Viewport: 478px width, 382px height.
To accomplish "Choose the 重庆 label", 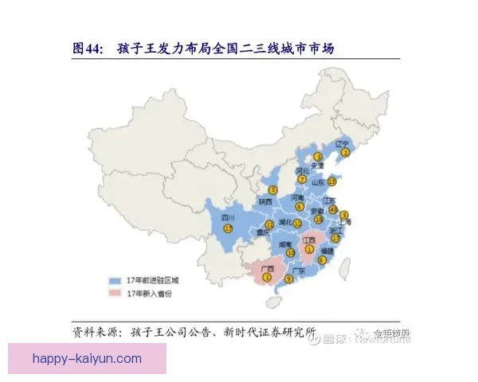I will pos(262,232).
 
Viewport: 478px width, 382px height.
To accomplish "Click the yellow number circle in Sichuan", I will pos(227,228).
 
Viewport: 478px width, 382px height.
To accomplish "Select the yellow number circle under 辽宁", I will pos(346,153).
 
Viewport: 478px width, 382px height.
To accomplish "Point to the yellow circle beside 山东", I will pos(332,181).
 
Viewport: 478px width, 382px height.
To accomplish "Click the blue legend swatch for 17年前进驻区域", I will pos(116,281).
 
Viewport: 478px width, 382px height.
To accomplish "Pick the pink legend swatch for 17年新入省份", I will pos(116,294).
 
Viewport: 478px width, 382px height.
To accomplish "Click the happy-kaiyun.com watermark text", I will pos(88,359).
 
